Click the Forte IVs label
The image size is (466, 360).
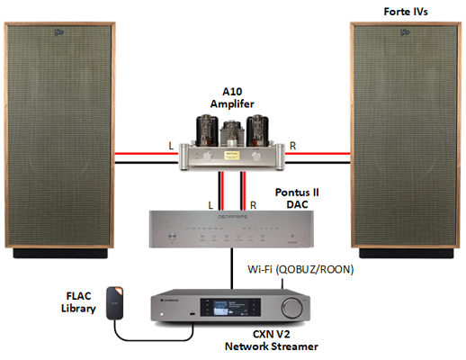(x=406, y=12)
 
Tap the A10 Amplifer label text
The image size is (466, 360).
(x=232, y=98)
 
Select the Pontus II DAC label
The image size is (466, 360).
(x=297, y=198)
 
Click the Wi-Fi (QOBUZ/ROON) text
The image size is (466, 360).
(x=300, y=269)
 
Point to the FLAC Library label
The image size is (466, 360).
(x=78, y=302)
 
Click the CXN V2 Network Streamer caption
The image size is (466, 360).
(x=272, y=340)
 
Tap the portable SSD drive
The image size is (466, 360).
(x=115, y=303)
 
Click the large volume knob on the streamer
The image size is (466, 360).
(x=291, y=307)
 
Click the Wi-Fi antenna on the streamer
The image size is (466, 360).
(x=282, y=283)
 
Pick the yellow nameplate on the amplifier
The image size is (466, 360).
(x=231, y=156)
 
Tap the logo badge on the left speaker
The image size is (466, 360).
(x=59, y=31)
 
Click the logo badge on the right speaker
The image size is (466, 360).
(x=405, y=31)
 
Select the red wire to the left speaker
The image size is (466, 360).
(x=147, y=154)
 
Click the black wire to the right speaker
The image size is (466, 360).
(x=318, y=163)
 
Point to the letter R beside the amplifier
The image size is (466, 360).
(x=292, y=146)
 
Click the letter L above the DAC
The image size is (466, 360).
(x=211, y=205)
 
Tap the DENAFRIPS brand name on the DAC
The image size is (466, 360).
(x=232, y=217)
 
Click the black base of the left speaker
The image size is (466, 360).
(x=60, y=253)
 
